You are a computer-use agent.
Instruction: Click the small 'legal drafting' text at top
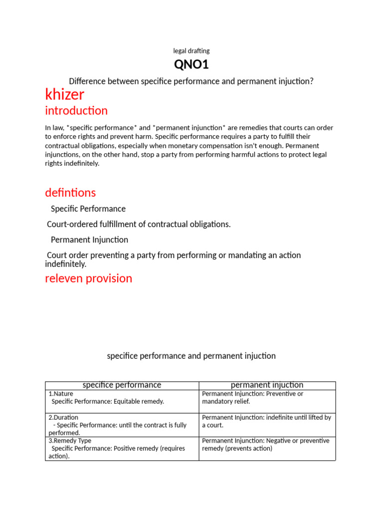tap(191, 51)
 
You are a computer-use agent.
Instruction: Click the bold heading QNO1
tap(191, 64)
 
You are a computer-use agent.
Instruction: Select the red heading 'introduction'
tap(76, 110)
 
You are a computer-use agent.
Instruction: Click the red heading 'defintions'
tap(70, 192)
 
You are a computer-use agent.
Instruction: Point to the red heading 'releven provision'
tap(89, 278)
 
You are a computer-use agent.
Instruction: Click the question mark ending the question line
tap(312, 81)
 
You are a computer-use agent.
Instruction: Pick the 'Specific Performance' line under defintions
tap(88, 209)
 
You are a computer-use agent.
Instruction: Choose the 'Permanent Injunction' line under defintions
tap(89, 240)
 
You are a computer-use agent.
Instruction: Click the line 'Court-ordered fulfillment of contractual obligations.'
tap(139, 224)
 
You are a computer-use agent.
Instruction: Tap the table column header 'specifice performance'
tap(122, 385)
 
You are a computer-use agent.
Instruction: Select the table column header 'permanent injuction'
tap(267, 385)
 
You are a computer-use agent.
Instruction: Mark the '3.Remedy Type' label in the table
tap(70, 441)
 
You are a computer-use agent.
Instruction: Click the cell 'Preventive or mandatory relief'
tap(252, 397)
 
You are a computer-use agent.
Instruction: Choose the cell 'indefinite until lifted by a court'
tap(266, 421)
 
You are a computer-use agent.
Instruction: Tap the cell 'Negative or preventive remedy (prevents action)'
tap(265, 445)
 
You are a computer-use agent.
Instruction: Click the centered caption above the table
tap(191, 356)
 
